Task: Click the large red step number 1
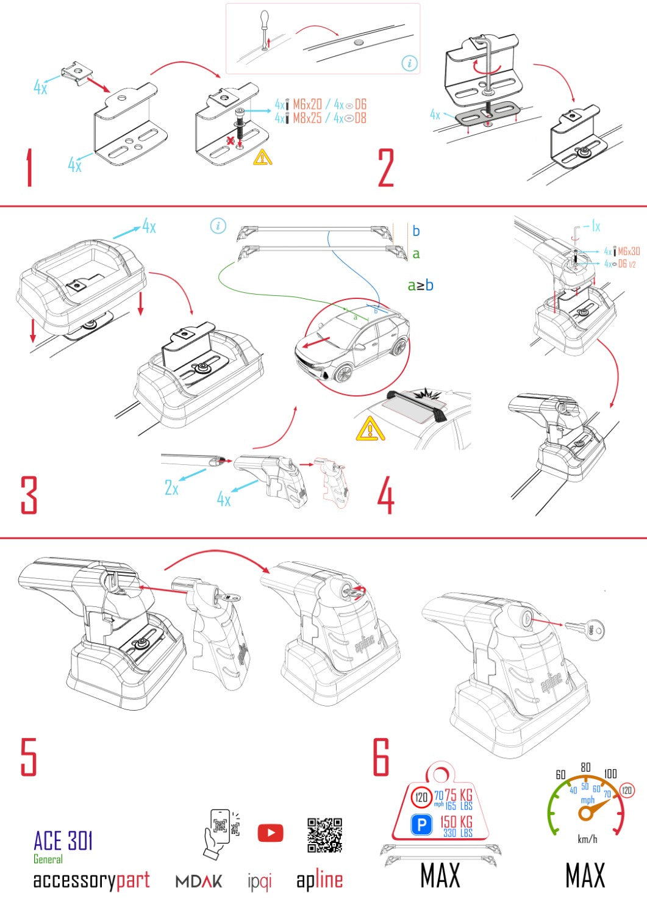click(29, 168)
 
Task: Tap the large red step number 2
click(386, 168)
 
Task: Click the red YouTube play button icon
click(270, 833)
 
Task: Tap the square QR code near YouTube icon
click(324, 835)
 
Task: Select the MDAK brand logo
click(199, 881)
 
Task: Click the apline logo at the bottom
click(320, 880)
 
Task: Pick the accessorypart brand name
click(91, 880)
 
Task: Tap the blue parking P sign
click(421, 825)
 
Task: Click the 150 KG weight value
click(456, 822)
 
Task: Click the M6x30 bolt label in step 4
click(629, 251)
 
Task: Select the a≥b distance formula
click(420, 285)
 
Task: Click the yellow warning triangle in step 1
click(263, 157)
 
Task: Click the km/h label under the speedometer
click(587, 839)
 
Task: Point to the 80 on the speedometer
click(585, 767)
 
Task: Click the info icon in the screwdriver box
click(410, 63)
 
